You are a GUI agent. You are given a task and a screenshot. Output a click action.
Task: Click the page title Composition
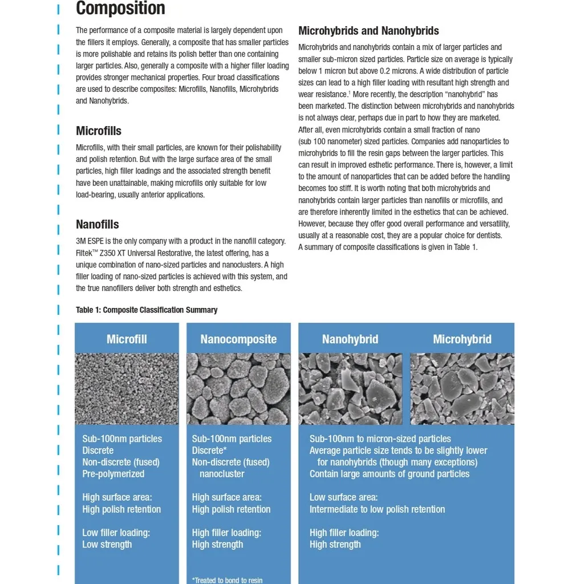tap(120, 9)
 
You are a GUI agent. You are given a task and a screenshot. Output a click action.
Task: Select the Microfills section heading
tap(99, 131)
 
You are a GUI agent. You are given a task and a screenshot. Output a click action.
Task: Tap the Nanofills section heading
tap(98, 224)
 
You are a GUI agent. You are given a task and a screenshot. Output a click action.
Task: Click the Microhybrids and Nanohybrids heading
tap(368, 31)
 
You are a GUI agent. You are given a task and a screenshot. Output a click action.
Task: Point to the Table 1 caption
tap(147, 310)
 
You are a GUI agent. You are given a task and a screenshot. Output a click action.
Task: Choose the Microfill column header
tap(127, 339)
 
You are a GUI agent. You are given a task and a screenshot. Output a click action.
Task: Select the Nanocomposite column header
tap(238, 339)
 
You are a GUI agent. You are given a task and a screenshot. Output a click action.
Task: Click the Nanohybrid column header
tap(350, 339)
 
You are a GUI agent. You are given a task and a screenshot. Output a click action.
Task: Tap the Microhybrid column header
tap(462, 339)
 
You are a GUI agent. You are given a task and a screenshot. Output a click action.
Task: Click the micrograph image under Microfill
tap(127, 388)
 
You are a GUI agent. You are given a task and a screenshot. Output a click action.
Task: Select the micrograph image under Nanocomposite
tap(238, 388)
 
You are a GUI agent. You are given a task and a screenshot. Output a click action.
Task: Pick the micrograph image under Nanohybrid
tap(350, 388)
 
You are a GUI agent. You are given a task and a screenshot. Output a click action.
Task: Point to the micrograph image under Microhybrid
tap(462, 388)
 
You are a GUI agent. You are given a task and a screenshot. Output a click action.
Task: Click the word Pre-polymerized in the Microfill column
tap(113, 474)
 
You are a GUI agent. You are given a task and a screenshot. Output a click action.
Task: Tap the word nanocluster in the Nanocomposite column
tap(222, 474)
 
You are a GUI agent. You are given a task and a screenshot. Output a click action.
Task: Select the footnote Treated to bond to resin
tap(228, 580)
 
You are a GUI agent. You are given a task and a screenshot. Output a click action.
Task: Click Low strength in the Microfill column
tap(107, 545)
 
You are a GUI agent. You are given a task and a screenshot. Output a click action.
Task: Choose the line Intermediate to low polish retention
tap(377, 509)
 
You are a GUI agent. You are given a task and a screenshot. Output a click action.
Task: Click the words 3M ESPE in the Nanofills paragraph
tap(92, 241)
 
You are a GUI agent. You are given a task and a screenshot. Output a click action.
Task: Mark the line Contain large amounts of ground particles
tap(390, 474)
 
